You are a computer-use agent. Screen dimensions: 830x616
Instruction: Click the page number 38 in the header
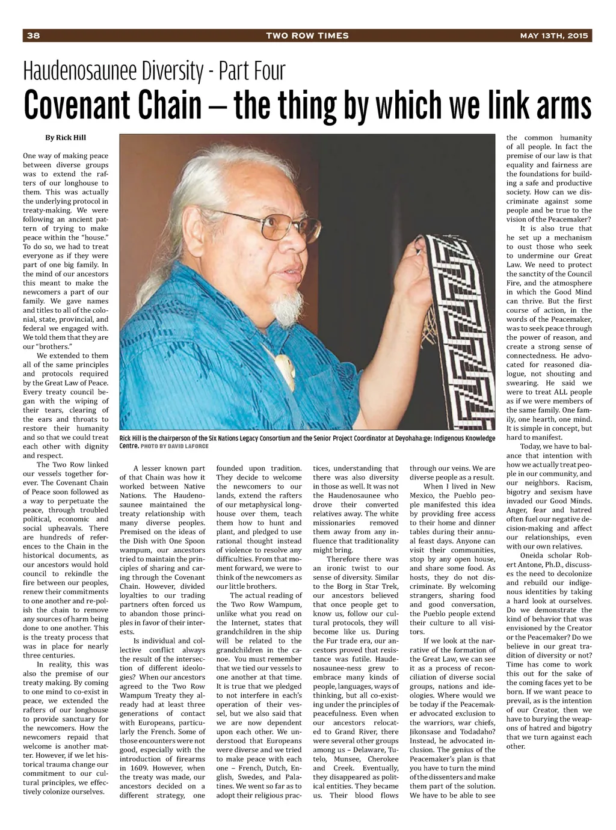(32, 35)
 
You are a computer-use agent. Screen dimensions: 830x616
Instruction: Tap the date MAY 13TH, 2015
(555, 35)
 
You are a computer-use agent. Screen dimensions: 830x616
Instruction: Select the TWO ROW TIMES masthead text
(307, 35)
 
